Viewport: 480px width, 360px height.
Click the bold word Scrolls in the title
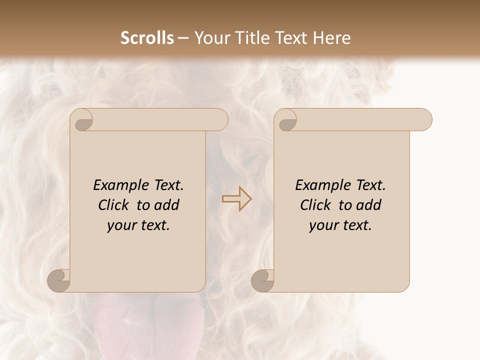[147, 38]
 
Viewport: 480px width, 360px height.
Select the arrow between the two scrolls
[237, 199]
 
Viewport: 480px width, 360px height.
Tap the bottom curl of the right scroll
[263, 280]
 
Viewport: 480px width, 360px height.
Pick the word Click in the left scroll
[114, 205]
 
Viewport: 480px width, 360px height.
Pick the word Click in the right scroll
[315, 205]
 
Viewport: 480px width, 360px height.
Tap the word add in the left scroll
[166, 205]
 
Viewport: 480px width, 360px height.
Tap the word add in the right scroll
[368, 205]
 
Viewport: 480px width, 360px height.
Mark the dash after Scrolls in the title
[183, 38]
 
